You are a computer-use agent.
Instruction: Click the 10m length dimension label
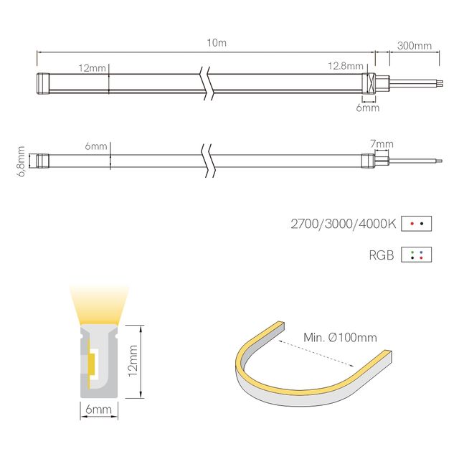[x=216, y=43]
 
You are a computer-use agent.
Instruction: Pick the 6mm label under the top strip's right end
[x=367, y=108]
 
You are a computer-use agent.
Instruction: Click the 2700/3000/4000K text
[x=343, y=224]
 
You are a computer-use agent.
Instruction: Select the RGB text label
[x=382, y=255]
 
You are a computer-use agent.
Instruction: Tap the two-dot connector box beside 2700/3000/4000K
[x=417, y=224]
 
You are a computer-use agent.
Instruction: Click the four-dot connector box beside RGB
[x=417, y=255]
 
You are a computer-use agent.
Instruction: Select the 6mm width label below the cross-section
[x=98, y=410]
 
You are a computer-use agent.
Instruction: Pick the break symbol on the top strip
[x=207, y=82]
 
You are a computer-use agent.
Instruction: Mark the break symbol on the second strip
[x=207, y=161]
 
